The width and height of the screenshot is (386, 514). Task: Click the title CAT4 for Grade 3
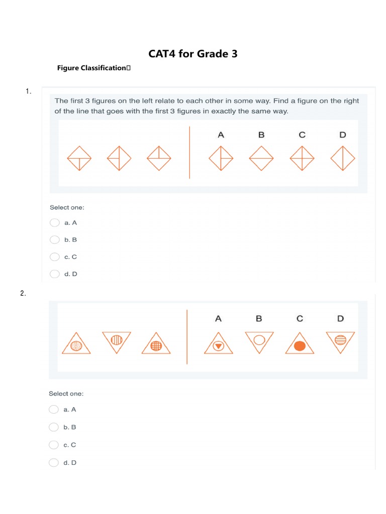pos(193,53)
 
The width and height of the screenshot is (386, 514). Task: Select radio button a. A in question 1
pos(55,223)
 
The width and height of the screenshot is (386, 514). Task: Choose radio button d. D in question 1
pos(55,274)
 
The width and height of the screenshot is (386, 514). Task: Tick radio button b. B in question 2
pos(54,427)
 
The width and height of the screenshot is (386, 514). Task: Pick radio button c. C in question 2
pos(54,445)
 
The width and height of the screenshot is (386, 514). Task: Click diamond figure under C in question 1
pos(302,158)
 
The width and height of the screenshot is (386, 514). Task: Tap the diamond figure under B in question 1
pos(261,158)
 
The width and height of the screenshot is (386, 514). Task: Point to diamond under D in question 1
pos(343,158)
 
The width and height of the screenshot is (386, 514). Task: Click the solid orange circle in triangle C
pos(300,346)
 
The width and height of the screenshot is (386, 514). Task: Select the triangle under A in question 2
pos(219,343)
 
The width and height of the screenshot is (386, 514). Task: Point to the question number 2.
pos(23,294)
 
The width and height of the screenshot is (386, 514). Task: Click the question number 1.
pos(28,91)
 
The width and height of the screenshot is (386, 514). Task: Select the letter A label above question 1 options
pos(221,135)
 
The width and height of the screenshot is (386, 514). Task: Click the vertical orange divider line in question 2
pos(187,337)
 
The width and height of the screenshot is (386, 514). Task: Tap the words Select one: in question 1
pos(67,207)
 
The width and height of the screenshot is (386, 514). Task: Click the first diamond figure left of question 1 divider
pos(79,158)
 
